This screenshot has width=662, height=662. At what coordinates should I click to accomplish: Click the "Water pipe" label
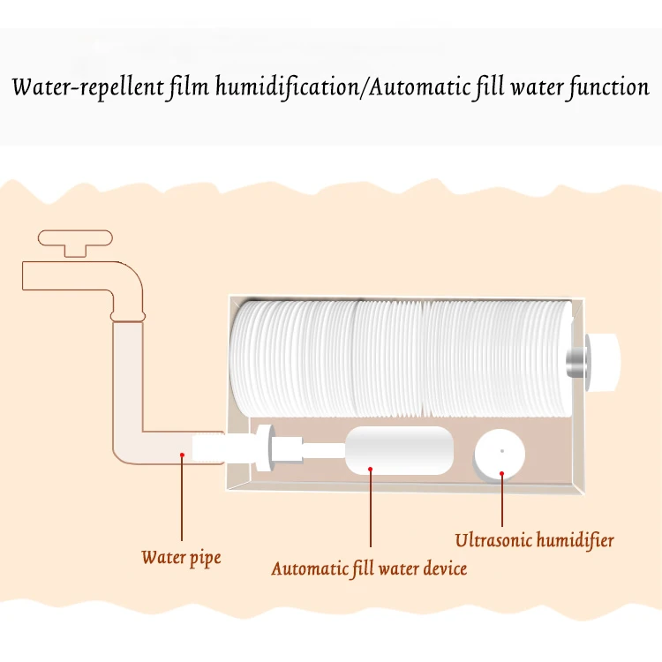[181, 558]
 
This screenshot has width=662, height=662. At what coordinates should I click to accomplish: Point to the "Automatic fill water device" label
[369, 568]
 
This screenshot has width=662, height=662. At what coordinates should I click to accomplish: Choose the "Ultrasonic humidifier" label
[534, 539]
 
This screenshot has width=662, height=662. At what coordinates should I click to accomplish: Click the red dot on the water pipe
[182, 455]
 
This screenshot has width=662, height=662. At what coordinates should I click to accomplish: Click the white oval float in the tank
[398, 450]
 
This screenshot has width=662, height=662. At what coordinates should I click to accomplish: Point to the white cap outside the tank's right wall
[606, 359]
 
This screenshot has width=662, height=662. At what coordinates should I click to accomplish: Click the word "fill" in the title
[488, 88]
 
